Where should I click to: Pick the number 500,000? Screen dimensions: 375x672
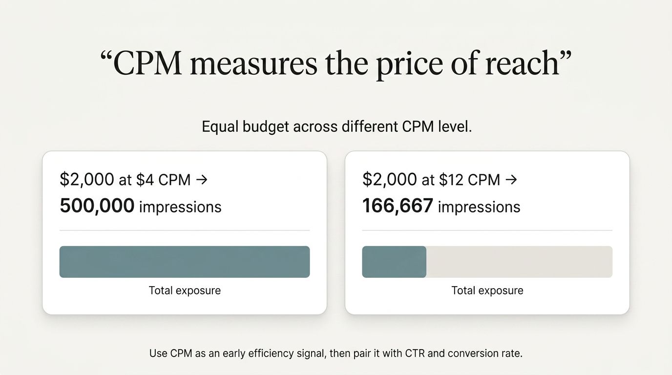(97, 206)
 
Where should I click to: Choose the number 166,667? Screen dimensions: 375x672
(397, 206)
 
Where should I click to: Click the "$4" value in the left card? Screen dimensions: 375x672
(145, 180)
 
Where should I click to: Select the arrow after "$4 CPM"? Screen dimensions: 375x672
(201, 180)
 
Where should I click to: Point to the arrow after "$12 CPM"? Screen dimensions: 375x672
(511, 180)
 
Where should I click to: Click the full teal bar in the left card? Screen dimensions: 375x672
(185, 262)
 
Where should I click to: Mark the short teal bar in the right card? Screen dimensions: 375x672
(394, 262)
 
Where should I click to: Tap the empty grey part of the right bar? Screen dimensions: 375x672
(519, 262)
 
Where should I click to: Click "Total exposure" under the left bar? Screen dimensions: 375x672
(185, 291)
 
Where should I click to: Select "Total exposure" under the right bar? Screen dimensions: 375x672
(487, 291)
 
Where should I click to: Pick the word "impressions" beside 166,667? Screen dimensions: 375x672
(479, 207)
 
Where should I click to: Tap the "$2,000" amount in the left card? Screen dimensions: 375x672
(87, 180)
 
